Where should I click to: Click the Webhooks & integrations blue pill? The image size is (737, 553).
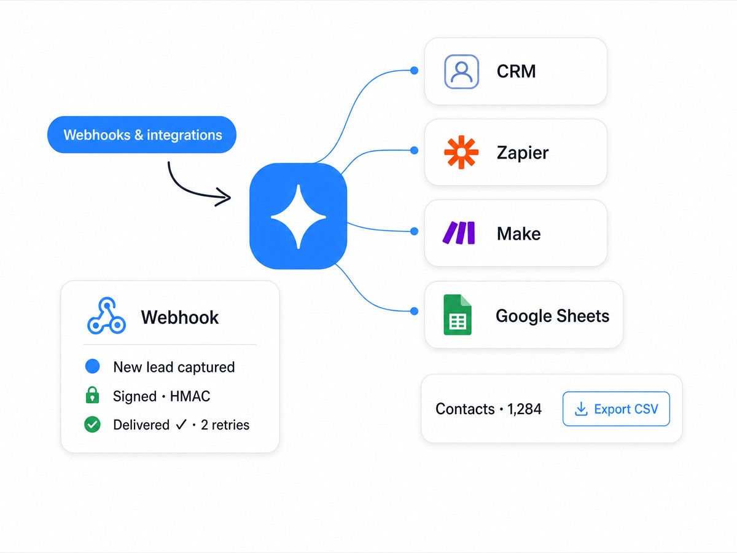coord(142,135)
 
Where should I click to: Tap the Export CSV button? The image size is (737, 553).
coord(616,409)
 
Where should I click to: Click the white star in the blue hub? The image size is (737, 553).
coord(298,217)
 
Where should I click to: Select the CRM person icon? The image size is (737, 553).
coord(461,71)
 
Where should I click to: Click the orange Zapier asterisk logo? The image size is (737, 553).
coord(461,152)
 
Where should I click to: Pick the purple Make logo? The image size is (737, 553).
coord(459,232)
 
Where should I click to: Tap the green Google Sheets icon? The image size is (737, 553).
coord(458,315)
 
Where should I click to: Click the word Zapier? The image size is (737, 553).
coord(523,153)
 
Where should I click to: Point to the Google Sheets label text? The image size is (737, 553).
coord(552,316)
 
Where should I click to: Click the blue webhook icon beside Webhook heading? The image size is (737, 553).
coord(106,316)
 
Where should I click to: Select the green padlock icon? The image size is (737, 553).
coord(92,395)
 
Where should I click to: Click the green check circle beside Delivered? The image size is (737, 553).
coord(92,425)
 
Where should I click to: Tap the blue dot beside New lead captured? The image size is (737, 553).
coord(92,366)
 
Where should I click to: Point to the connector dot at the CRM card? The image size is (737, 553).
coord(415,71)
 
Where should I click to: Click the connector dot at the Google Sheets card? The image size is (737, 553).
coord(415,312)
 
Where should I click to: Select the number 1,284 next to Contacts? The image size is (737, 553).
coord(524,409)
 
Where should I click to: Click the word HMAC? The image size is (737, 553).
coord(190,396)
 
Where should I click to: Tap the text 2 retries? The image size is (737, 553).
coord(225,425)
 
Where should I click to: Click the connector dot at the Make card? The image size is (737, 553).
coord(415,232)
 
